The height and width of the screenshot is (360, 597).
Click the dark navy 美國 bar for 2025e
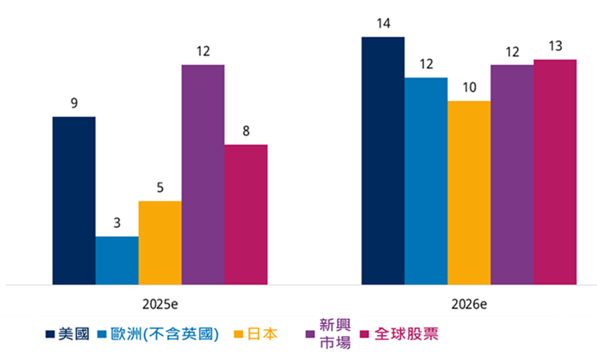[x=74, y=200]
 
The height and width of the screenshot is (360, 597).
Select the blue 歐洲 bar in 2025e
[x=117, y=260]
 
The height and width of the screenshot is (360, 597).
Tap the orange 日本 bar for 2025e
[x=160, y=242]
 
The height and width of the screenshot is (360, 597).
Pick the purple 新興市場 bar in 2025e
[x=203, y=174]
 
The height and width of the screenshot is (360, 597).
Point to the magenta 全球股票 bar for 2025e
[x=246, y=214]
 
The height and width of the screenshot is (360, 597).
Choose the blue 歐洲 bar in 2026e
[x=426, y=181]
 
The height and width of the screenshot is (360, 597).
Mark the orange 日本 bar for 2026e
[x=469, y=192]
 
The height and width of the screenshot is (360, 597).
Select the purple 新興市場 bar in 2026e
[x=512, y=174]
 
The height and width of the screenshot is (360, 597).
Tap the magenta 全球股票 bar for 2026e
[x=555, y=171]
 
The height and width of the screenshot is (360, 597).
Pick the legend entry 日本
[x=261, y=334]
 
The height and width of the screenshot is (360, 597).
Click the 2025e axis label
[x=160, y=305]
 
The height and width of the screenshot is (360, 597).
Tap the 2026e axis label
[x=469, y=305]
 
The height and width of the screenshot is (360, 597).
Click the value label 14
[x=383, y=23]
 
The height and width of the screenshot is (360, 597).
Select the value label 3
[x=117, y=224]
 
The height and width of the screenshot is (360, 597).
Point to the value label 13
[x=555, y=46]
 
